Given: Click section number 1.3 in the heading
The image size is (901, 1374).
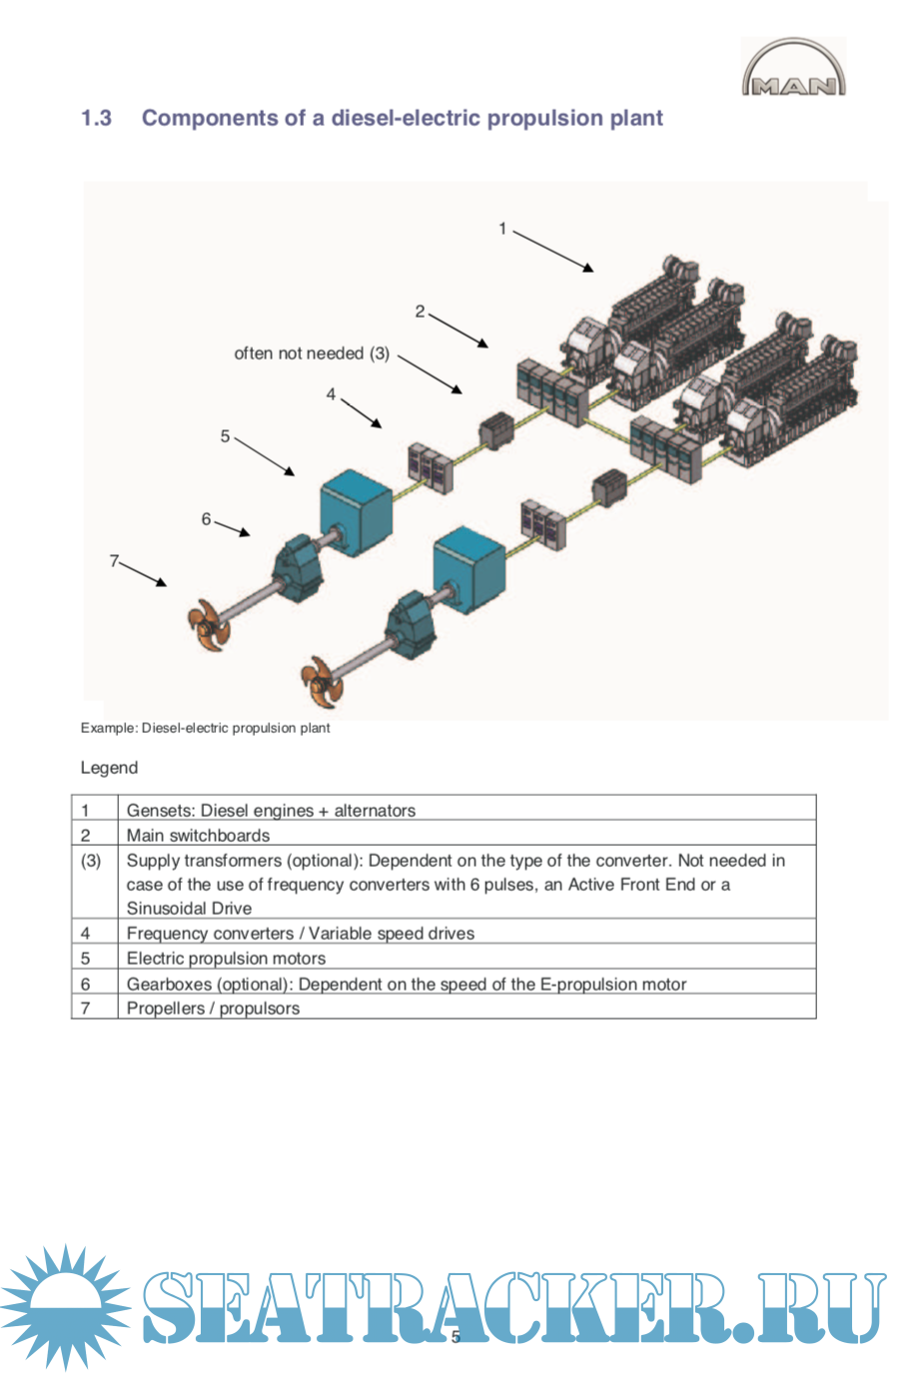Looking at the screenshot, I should click(x=96, y=118).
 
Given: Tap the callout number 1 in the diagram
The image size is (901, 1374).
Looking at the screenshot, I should click(x=502, y=229).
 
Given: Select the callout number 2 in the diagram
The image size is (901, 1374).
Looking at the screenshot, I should click(x=420, y=312).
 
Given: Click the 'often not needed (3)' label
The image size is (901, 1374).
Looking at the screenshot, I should click(x=312, y=353).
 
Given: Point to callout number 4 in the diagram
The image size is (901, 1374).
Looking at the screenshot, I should click(x=331, y=394).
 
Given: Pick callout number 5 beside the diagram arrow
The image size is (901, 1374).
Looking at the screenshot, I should click(x=225, y=436).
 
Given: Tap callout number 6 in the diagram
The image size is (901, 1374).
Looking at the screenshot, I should click(x=206, y=519).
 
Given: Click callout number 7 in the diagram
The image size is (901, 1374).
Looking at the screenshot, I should click(x=114, y=561).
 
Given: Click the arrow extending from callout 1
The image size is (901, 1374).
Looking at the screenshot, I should click(x=552, y=251).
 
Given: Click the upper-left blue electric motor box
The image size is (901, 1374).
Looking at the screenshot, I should click(x=355, y=505).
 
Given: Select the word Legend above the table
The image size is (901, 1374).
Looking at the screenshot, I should click(x=109, y=768).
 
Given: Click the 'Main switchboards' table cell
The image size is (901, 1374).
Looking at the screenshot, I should click(x=198, y=835).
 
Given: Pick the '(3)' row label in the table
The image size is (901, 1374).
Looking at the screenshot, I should click(x=91, y=861).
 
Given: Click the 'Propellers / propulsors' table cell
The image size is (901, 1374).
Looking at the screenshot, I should click(x=213, y=1008).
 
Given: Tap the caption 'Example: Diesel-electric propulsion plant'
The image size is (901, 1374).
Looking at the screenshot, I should click(x=205, y=728).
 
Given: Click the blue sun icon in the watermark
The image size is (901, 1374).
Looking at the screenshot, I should click(x=65, y=1306).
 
